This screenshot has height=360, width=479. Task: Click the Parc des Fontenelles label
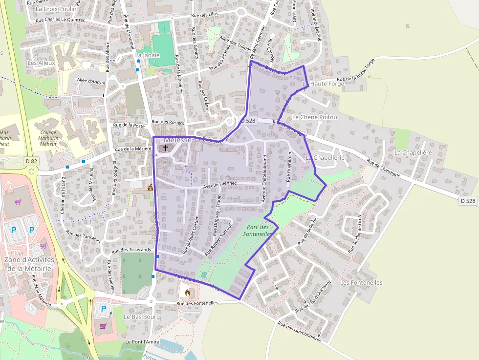pos(259,230)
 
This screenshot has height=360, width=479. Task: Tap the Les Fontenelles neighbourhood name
pos(361,283)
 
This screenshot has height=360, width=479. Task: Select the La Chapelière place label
pos(414,153)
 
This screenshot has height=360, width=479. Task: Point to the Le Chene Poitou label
pos(315,118)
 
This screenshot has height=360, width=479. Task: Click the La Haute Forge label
pos(324,84)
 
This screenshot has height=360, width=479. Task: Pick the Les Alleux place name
pos(42,63)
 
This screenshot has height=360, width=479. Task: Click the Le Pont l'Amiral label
pos(143,341)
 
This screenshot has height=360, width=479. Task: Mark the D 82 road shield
pos(31,161)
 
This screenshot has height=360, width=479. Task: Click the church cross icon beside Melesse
pos(166,147)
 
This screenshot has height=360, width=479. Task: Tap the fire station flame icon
pos(188,292)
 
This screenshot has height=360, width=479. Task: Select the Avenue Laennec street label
pos(220,184)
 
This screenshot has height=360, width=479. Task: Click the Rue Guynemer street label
pos(288,167)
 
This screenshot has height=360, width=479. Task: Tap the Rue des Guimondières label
pos(299,331)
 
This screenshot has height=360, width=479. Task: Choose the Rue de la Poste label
pos(130,126)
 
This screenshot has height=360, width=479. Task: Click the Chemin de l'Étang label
pos(63,194)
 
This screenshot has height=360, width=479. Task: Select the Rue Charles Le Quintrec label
pos(61,20)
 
